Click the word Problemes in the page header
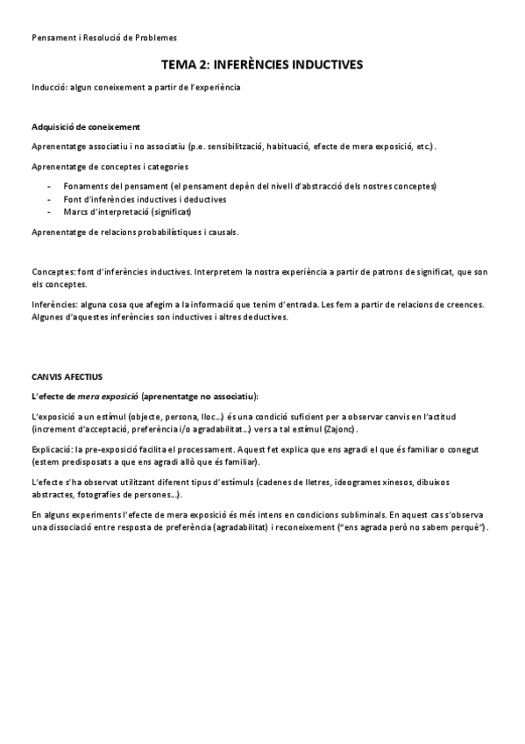click(x=153, y=38)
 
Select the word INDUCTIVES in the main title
click(x=325, y=65)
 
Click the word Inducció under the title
click(x=48, y=88)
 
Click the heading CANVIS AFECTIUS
click(x=67, y=376)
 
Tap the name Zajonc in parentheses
click(x=341, y=431)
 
